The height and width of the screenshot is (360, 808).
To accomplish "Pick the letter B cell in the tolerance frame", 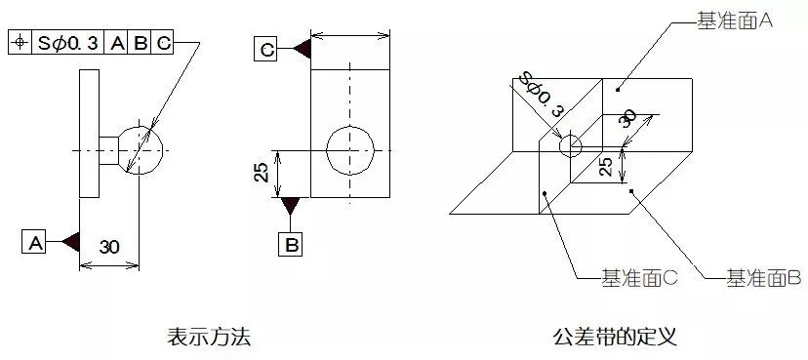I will pyautogui.click(x=141, y=42).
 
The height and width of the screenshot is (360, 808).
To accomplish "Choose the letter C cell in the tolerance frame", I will pyautogui.click(x=163, y=42).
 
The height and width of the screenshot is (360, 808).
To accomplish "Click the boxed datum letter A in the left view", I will pyautogui.click(x=34, y=242).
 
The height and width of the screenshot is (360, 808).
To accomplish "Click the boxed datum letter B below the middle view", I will pyautogui.click(x=291, y=244).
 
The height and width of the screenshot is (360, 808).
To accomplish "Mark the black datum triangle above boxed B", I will pyautogui.click(x=291, y=206).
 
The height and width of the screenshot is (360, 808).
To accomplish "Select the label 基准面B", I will pyautogui.click(x=764, y=279).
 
